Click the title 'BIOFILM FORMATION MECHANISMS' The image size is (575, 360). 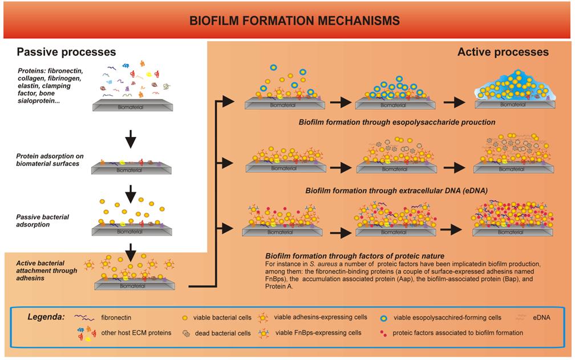click(294, 21)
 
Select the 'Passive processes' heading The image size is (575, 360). click(66, 52)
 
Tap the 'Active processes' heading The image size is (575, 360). click(503, 52)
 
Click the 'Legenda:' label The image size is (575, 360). click(47, 316)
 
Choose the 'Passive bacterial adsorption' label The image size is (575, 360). click(43, 221)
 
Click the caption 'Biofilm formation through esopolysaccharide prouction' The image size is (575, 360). click(397, 122)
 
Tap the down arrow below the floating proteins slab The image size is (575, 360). click(131, 139)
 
